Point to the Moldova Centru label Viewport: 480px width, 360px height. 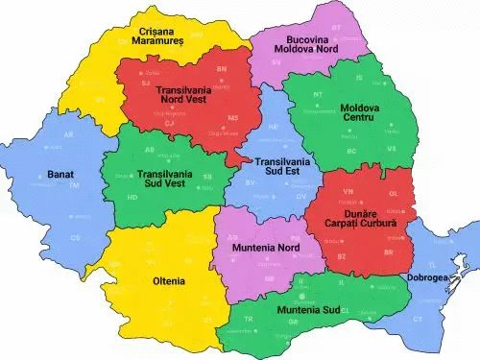coord(358,111)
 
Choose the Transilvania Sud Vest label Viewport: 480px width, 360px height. coord(160,180)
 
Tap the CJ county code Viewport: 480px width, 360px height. coord(170,123)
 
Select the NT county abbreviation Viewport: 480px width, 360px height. coord(318,95)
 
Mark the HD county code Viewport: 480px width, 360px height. coord(132,197)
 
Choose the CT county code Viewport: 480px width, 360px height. coord(417,318)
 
